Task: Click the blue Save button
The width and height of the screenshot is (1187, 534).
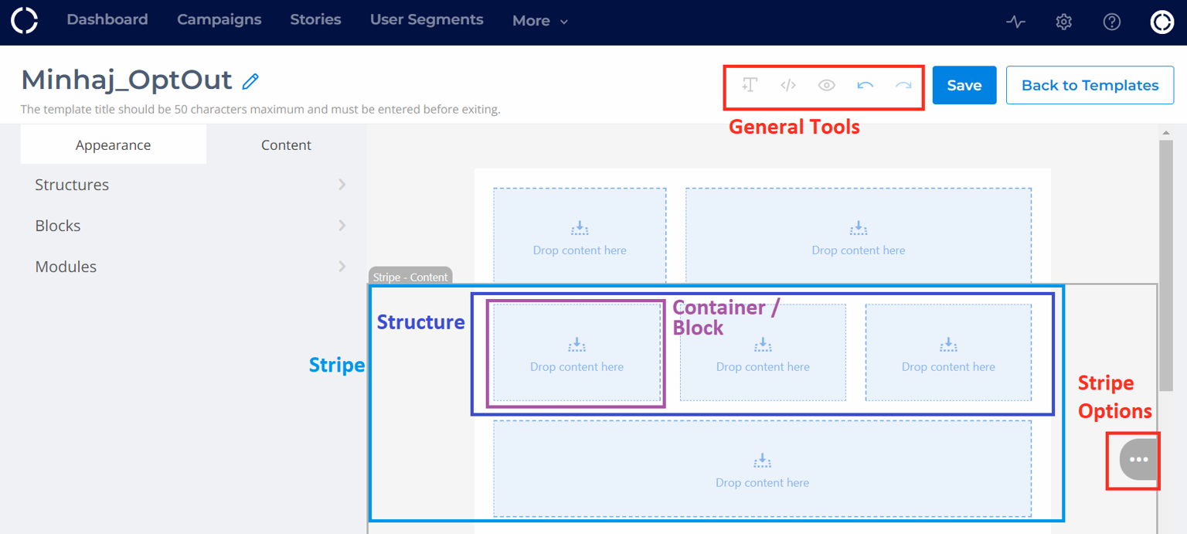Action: [x=964, y=85]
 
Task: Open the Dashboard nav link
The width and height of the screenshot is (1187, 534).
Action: [x=107, y=19]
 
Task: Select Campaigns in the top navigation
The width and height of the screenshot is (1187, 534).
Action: [x=219, y=19]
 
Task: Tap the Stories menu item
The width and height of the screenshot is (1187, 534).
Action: [x=315, y=19]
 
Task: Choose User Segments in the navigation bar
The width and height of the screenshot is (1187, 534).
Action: [x=427, y=19]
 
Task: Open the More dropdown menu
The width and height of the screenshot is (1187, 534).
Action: [x=540, y=21]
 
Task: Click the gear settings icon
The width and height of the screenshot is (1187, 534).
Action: [x=1063, y=22]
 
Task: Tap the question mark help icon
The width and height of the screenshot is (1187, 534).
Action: [x=1112, y=22]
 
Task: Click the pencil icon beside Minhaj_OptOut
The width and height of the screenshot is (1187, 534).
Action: [x=250, y=82]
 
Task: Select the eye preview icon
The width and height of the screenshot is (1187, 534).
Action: [x=827, y=85]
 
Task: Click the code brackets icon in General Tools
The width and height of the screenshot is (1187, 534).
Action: [x=788, y=85]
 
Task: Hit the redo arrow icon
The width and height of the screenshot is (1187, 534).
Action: [x=903, y=85]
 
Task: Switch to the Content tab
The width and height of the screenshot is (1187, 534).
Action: [x=286, y=145]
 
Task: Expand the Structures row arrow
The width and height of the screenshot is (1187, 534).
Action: [x=342, y=185]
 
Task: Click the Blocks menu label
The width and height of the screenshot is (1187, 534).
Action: [x=58, y=226]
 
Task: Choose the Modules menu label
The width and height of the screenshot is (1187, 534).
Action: [x=66, y=267]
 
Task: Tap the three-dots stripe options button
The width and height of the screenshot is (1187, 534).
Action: [x=1138, y=460]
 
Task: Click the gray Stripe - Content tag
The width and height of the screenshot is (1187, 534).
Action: [x=410, y=277]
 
